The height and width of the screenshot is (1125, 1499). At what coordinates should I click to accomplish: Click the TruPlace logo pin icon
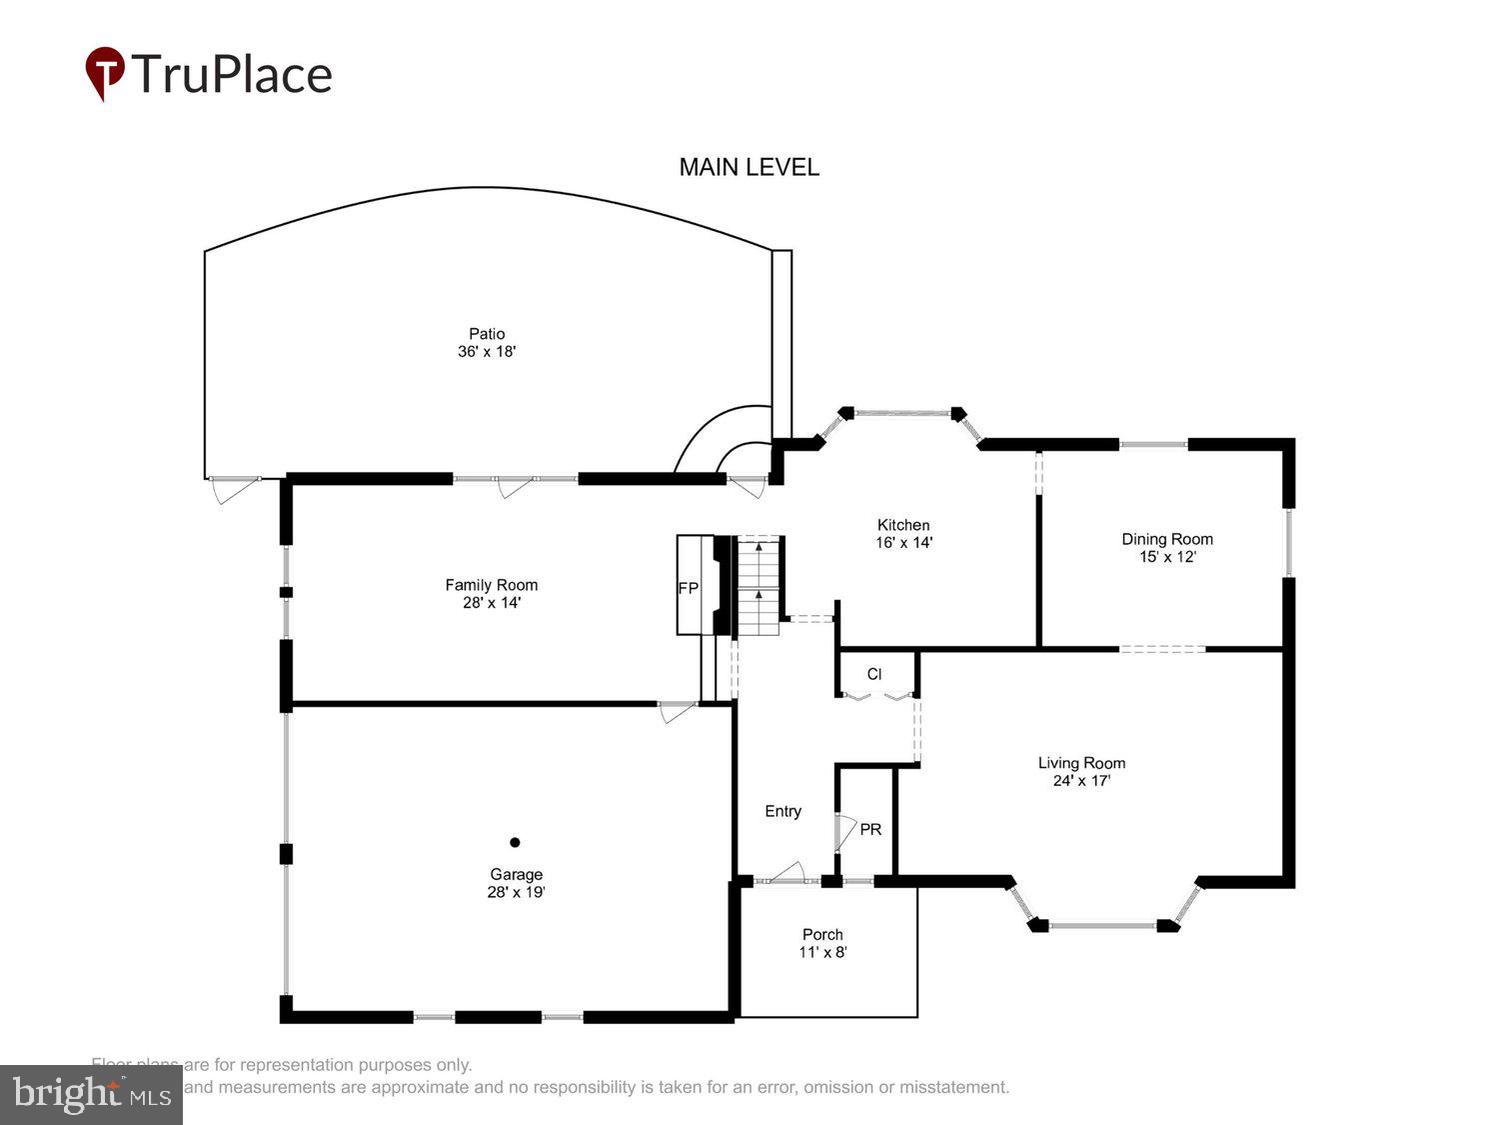[104, 72]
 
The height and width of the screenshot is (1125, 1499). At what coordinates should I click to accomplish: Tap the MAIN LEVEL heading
[749, 167]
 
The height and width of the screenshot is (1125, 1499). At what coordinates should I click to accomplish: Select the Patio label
[487, 333]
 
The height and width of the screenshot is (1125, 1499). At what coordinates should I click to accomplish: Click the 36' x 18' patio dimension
[487, 352]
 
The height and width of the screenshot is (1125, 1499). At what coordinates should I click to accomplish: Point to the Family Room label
[491, 585]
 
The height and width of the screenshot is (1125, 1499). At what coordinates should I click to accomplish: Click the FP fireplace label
[688, 588]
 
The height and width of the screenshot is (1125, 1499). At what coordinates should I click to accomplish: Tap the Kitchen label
[903, 525]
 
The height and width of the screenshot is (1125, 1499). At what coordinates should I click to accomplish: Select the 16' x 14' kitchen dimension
[903, 543]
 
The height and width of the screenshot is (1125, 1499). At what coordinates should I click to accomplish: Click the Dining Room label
[1166, 539]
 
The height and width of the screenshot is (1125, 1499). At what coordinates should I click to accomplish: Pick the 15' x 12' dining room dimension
[1166, 557]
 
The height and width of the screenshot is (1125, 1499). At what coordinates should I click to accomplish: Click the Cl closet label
[874, 674]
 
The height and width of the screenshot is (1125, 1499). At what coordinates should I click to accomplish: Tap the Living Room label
[1081, 763]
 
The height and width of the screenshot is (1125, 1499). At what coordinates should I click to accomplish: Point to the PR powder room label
[870, 829]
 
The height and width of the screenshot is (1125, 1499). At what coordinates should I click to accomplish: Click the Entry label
[782, 811]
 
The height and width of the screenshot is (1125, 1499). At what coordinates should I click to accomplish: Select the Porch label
[822, 934]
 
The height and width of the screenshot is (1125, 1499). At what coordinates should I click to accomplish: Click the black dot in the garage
[515, 842]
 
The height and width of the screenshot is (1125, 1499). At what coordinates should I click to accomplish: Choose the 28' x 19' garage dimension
[516, 892]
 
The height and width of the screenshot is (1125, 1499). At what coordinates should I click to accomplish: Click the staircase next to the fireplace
[758, 586]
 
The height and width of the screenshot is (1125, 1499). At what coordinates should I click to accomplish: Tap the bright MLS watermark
[91, 1094]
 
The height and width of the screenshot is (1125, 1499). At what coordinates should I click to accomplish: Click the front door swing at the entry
[788, 873]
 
